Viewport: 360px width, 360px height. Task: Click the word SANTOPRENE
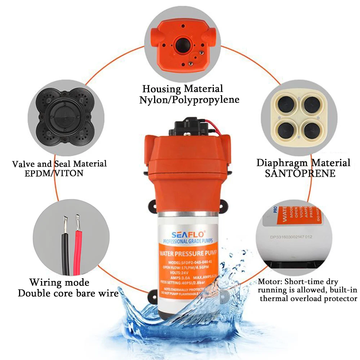point(300,174)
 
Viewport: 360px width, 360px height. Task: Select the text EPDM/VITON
point(54,173)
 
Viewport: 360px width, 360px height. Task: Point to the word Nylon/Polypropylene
point(189,99)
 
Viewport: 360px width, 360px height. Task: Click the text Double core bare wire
point(68,293)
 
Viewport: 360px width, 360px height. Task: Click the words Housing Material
point(183,89)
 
